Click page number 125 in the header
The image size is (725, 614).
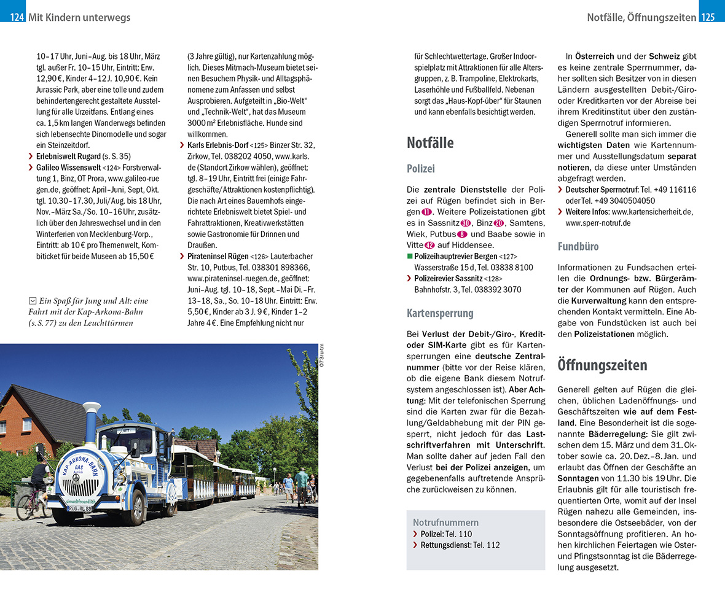pyautogui.click(x=708, y=17)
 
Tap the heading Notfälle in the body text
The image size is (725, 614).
pyautogui.click(x=430, y=143)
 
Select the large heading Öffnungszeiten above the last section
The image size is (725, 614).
pyautogui.click(x=602, y=365)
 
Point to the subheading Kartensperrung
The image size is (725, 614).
pyautogui.click(x=440, y=313)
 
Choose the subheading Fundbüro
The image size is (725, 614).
pyautogui.click(x=578, y=247)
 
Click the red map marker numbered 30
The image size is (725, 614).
pyautogui.click(x=465, y=223)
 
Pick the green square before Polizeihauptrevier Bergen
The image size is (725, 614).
pyautogui.click(x=410, y=256)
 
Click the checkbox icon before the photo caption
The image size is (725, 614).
pyautogui.click(x=32, y=301)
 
